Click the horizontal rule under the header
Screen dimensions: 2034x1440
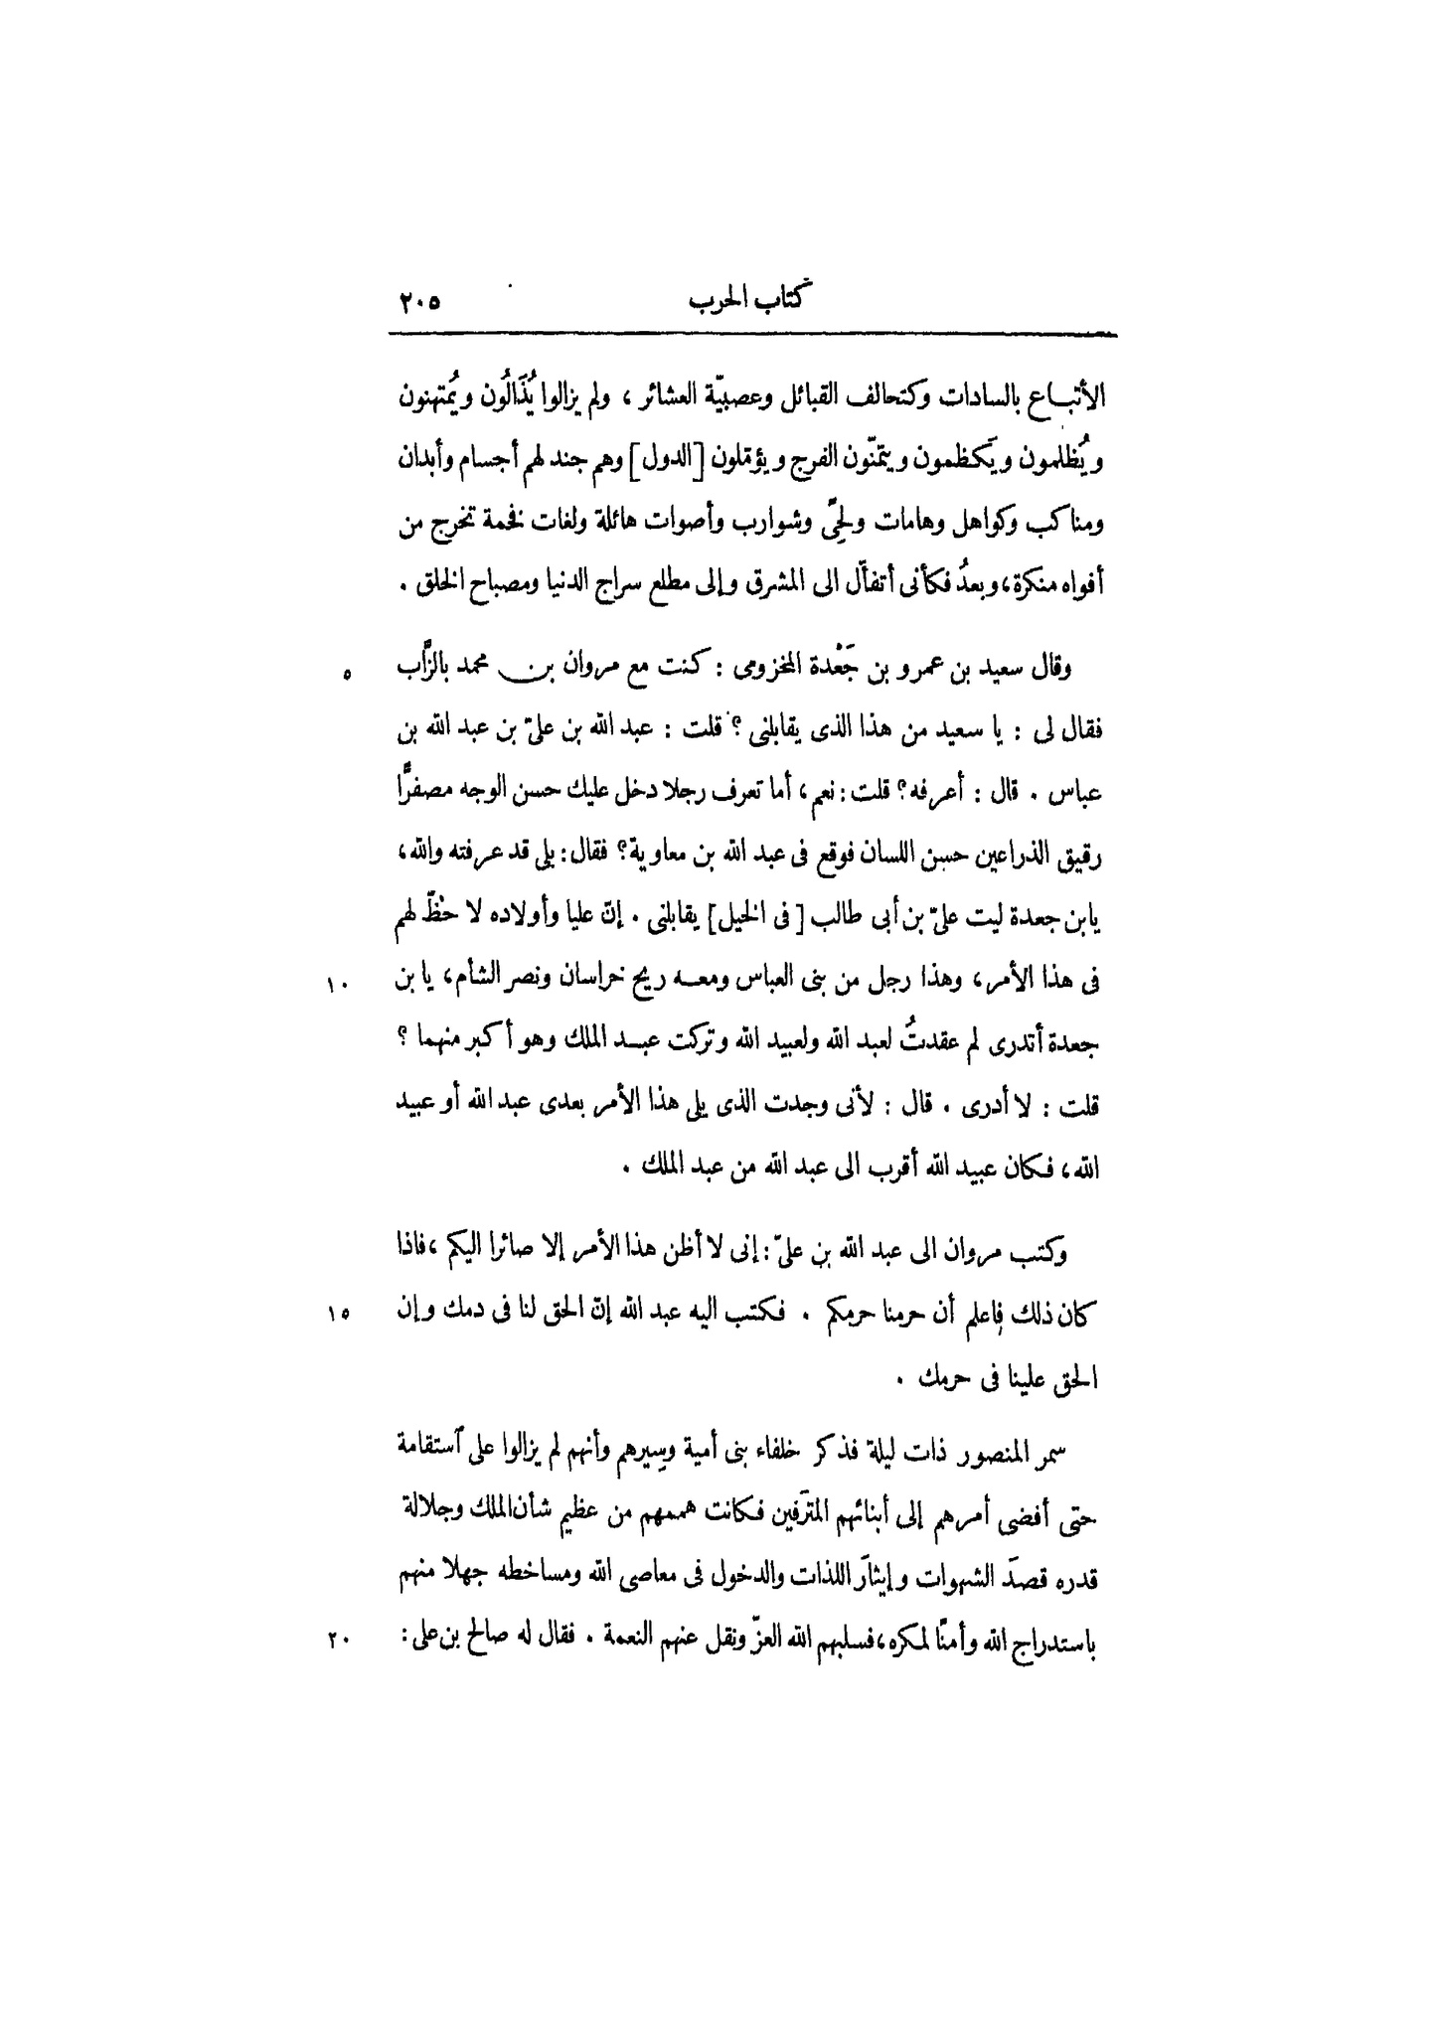point(755,335)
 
